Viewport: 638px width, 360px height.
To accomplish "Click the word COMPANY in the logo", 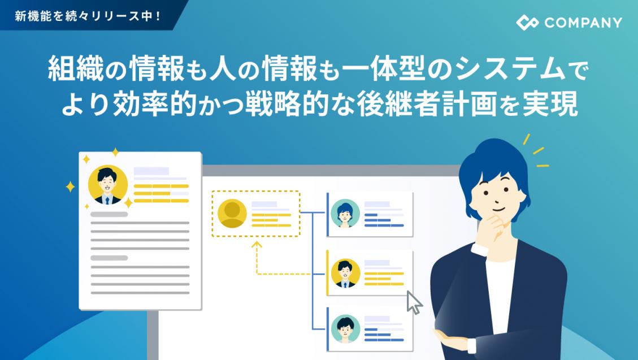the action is click(584, 23).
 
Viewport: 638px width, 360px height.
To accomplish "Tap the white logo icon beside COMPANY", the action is click(527, 23).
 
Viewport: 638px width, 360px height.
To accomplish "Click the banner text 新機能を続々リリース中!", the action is click(88, 16).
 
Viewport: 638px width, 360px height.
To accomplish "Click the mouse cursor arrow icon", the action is click(414, 302).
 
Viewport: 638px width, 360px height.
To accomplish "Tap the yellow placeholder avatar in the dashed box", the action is click(232, 214).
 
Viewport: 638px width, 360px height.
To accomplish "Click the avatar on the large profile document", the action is click(107, 185).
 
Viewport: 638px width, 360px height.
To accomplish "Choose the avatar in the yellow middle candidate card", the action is click(345, 273).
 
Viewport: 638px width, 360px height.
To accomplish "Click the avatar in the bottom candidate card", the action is click(345, 329).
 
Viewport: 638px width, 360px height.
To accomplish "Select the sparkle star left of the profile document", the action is click(70, 186).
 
